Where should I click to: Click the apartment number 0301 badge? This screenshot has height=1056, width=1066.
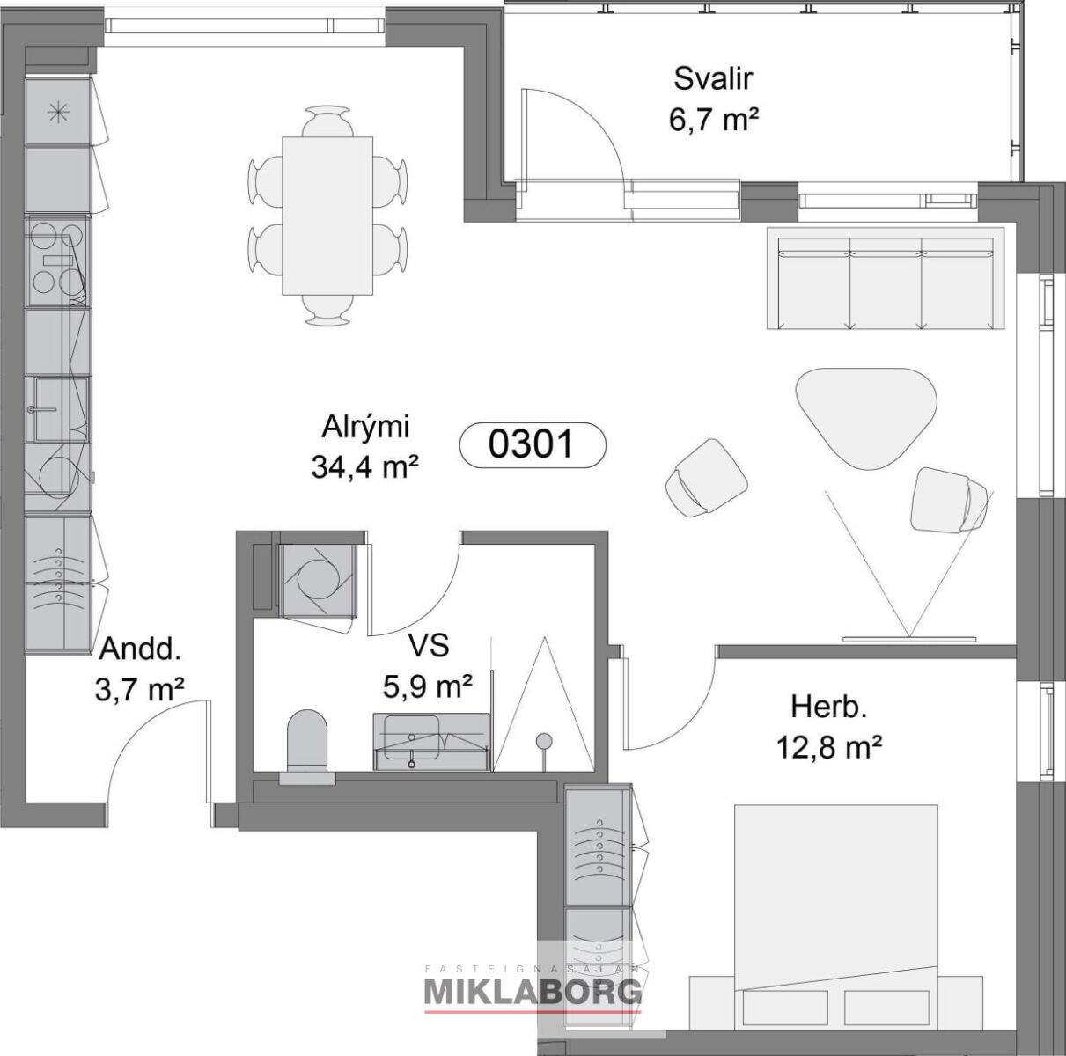[x=533, y=445]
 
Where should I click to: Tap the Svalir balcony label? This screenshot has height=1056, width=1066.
[x=713, y=78]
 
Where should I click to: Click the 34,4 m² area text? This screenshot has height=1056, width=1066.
[x=364, y=466]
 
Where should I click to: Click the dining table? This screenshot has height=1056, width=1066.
[x=327, y=216]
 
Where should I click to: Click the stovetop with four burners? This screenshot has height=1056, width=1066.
[x=57, y=260]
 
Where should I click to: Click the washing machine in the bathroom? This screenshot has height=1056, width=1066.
[x=316, y=580]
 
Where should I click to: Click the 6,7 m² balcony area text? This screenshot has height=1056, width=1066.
[x=713, y=120]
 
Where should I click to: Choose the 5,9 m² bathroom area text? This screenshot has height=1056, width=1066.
[x=427, y=686]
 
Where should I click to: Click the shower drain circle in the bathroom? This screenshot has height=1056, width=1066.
[x=544, y=740]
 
